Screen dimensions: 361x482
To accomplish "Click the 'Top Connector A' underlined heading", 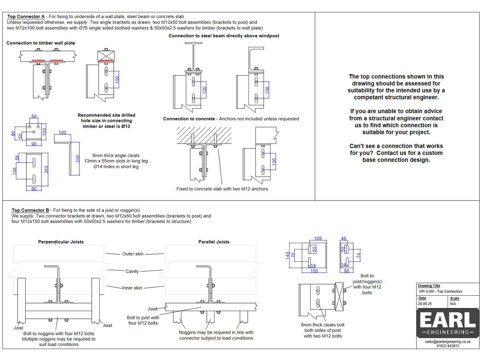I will coord(26,17).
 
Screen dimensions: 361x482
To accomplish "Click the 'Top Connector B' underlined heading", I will coord(30,210).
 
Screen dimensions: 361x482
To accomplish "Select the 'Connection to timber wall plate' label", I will coord(41,43).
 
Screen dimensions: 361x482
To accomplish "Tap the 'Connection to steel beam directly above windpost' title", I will coord(224,36).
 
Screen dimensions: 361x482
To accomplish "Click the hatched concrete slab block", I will coord(204,135).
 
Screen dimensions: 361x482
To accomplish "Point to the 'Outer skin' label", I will coord(133,254).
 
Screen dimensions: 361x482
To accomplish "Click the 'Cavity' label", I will coord(132,271).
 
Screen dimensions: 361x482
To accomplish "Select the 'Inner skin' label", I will coord(132,288).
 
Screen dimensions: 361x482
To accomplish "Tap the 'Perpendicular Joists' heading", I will coord(61,242).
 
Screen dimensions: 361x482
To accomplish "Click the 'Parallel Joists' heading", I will coord(214,242).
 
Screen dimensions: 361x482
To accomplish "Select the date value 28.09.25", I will coord(425,304).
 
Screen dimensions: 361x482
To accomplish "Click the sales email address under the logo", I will coord(448,342).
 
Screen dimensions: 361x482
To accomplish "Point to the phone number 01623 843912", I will coord(448,346).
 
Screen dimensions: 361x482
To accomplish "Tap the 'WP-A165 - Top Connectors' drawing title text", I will coord(440,292).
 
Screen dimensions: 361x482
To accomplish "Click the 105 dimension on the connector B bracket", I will coord(318,239).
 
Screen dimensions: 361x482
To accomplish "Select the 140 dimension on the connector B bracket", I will coord(288,255).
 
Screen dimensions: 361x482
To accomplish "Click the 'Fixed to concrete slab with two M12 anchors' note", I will coord(222,189).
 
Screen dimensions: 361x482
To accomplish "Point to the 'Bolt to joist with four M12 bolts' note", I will coord(143,320).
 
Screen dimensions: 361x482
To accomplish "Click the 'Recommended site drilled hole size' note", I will coord(106,121).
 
